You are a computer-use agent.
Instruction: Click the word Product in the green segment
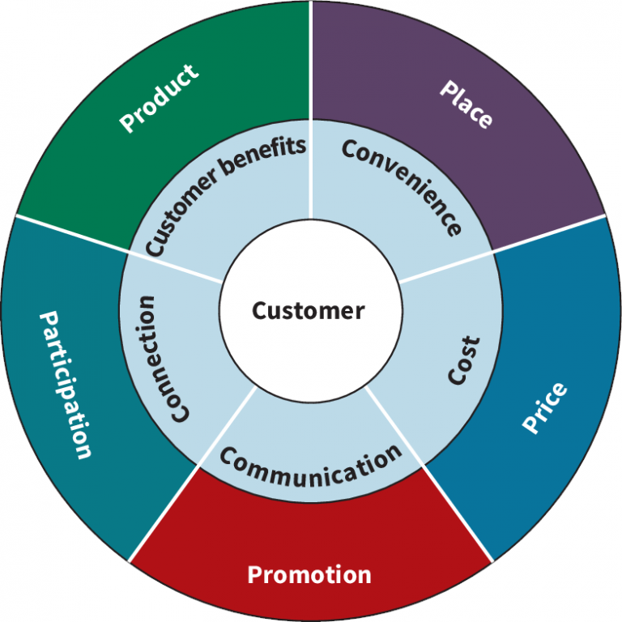point(159,99)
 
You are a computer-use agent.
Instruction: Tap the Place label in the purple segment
point(465,104)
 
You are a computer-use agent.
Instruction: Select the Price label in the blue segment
point(545,408)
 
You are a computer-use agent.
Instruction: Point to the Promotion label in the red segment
point(309,575)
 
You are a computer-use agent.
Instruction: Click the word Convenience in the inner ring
point(403,186)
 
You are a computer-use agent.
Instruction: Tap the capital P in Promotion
point(253,576)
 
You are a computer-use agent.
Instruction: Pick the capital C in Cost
point(459,377)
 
